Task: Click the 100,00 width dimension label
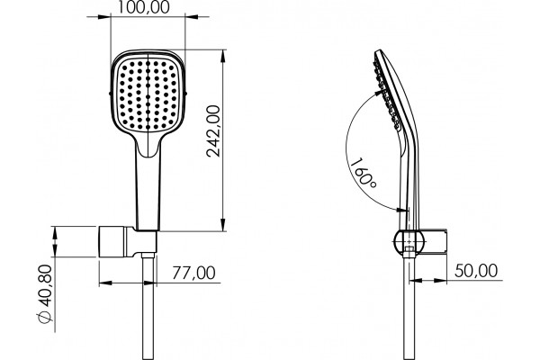coord(144,7)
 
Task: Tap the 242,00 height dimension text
coord(213,130)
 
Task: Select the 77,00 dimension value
coord(193,273)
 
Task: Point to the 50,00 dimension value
coord(476,270)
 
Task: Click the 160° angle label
coord(363,174)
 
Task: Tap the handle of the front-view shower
coord(148,193)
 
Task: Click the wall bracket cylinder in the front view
coord(113,241)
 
